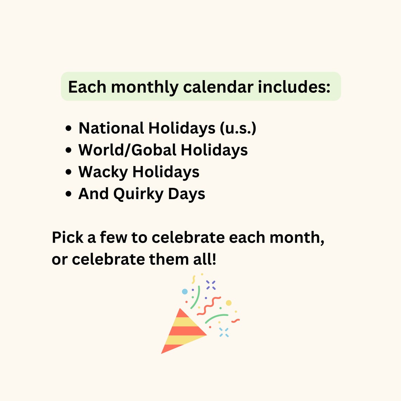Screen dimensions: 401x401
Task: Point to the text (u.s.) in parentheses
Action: [238, 128]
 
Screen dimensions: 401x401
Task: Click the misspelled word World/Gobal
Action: [127, 150]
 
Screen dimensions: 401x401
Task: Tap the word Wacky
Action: [103, 172]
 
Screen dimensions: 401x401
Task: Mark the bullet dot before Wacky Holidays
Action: [69, 172]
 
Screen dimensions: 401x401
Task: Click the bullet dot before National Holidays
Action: [69, 129]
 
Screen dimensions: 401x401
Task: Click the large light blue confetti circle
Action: [185, 292]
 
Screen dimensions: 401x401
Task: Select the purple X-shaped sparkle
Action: [211, 285]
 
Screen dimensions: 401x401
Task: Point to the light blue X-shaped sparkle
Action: [224, 332]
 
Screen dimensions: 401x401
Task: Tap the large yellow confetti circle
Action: [229, 303]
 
